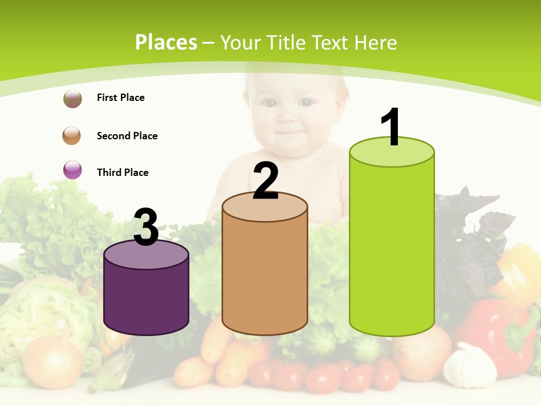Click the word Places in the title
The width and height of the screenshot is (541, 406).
point(166,42)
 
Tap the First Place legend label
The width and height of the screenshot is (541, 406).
point(121,98)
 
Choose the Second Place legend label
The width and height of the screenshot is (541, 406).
point(127,136)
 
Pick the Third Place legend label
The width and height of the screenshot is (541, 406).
point(122,173)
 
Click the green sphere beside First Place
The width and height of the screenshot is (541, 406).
point(72,99)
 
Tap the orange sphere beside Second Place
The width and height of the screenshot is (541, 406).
point(72,135)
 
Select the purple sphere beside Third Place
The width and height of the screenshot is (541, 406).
point(72,170)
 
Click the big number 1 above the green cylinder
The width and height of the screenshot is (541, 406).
point(391,127)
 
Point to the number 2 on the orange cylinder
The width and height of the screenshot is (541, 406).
point(266,181)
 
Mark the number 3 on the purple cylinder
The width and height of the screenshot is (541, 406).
point(146,227)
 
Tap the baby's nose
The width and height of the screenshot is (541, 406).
point(289,117)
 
